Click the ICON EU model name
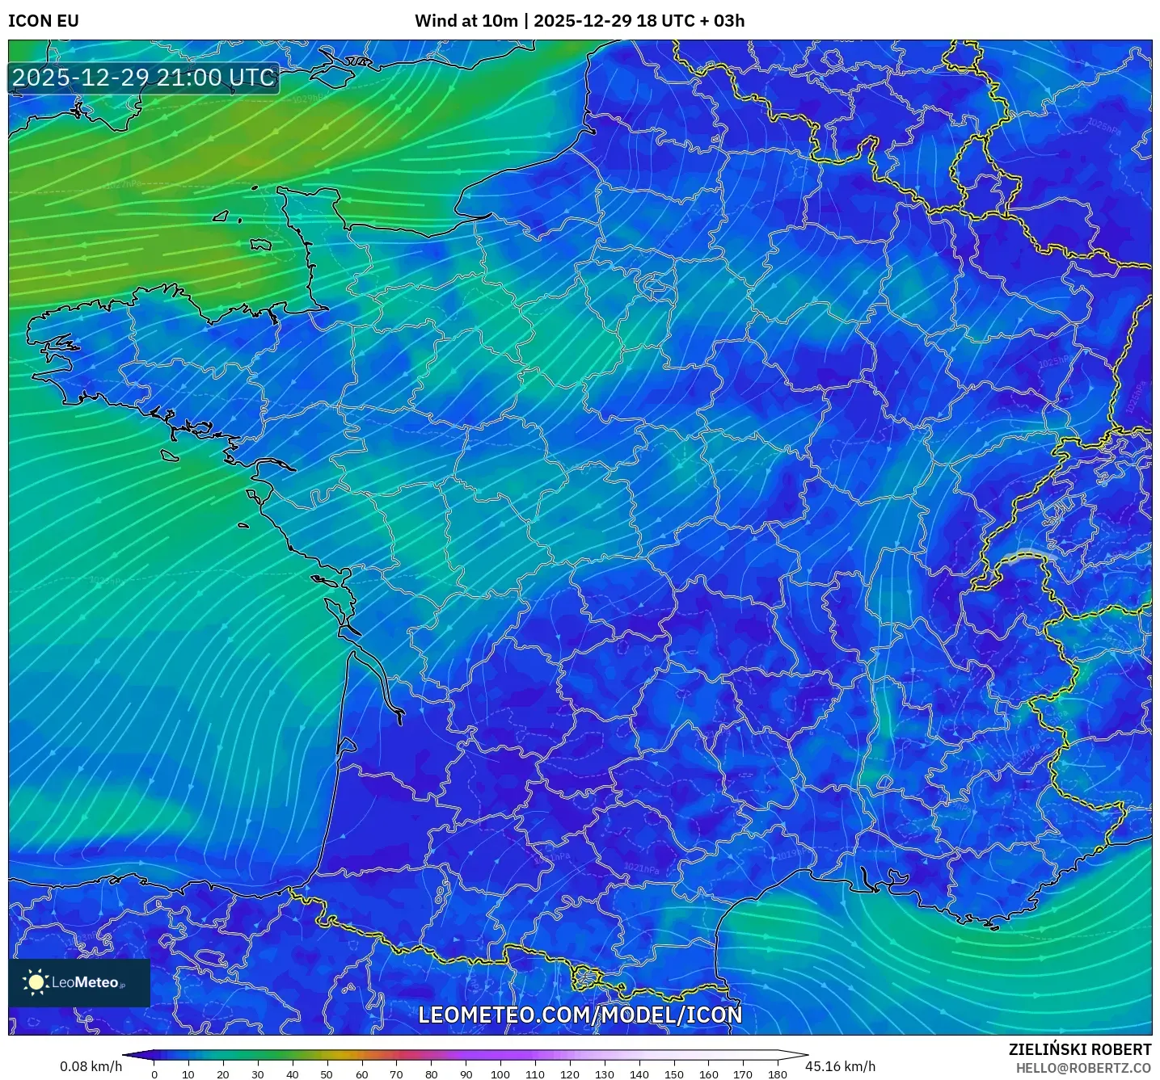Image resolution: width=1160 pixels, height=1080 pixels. [44, 21]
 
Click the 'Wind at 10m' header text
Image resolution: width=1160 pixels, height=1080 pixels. [466, 21]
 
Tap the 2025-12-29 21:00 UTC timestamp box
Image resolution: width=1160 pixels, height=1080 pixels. [144, 78]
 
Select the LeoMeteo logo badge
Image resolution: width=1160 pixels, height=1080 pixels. [79, 982]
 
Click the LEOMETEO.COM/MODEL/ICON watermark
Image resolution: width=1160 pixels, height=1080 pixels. [580, 1015]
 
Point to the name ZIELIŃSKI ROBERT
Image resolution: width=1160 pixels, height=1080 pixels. [1080, 1049]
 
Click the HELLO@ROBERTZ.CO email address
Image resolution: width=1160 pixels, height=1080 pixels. [1083, 1068]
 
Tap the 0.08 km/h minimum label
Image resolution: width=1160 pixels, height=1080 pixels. [91, 1066]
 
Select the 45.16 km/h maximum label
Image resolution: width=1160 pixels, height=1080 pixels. [841, 1066]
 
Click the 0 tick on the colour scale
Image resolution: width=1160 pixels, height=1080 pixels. [154, 1074]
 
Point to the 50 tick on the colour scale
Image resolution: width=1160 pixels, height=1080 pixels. [327, 1074]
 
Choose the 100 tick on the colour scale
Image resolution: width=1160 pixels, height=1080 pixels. [500, 1074]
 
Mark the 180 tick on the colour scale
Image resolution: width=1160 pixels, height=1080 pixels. [778, 1074]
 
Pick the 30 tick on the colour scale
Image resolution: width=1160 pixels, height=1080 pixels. [258, 1074]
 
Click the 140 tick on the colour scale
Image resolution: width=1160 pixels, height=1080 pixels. [639, 1074]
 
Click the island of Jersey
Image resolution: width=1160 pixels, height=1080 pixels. [260, 244]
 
